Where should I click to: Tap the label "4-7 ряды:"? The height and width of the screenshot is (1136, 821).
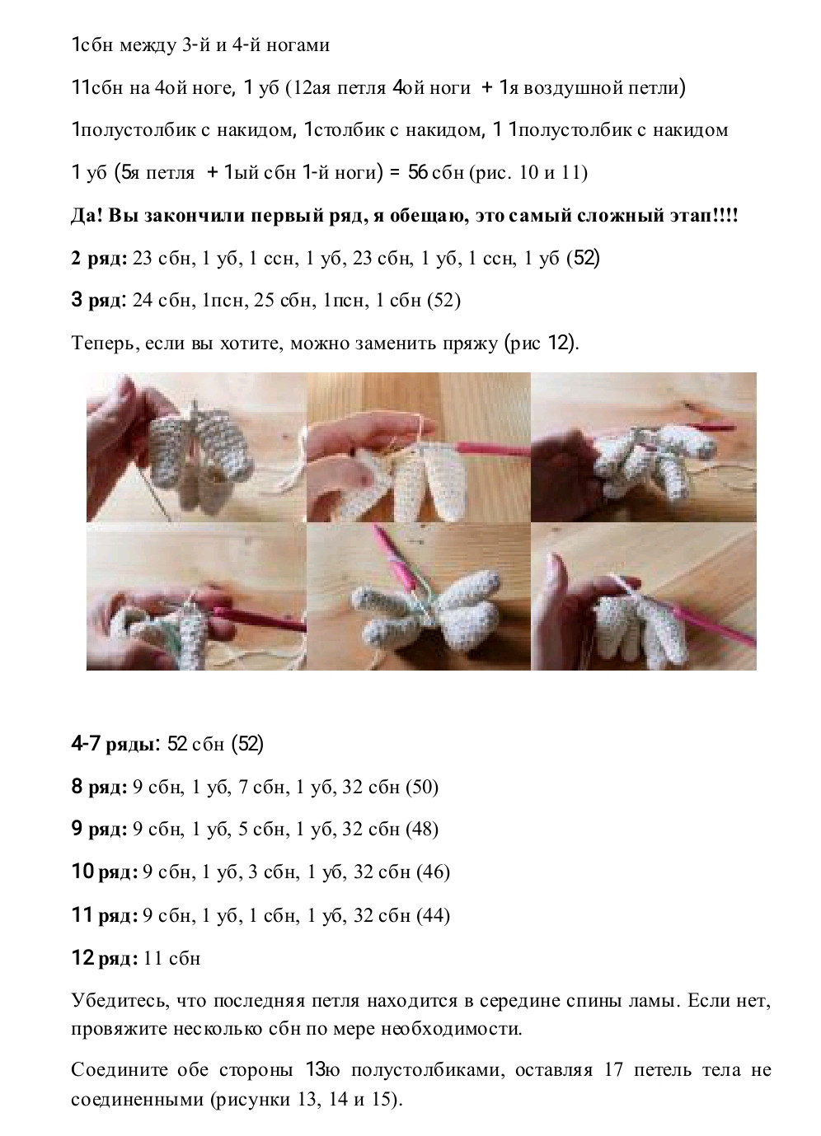coord(115,745)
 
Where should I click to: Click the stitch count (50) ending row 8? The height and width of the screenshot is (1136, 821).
coord(422,788)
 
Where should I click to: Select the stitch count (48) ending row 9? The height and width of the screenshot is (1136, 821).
coord(422,830)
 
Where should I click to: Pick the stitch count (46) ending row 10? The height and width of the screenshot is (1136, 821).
coord(434,872)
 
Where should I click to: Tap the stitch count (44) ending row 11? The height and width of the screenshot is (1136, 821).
coord(434,915)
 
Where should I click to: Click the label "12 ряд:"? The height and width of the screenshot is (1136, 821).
coord(105,958)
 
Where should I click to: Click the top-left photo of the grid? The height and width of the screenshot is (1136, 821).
coord(196,447)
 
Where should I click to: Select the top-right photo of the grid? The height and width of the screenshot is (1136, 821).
coord(643,447)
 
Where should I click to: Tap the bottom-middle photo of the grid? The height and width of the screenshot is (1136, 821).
coord(419,596)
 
